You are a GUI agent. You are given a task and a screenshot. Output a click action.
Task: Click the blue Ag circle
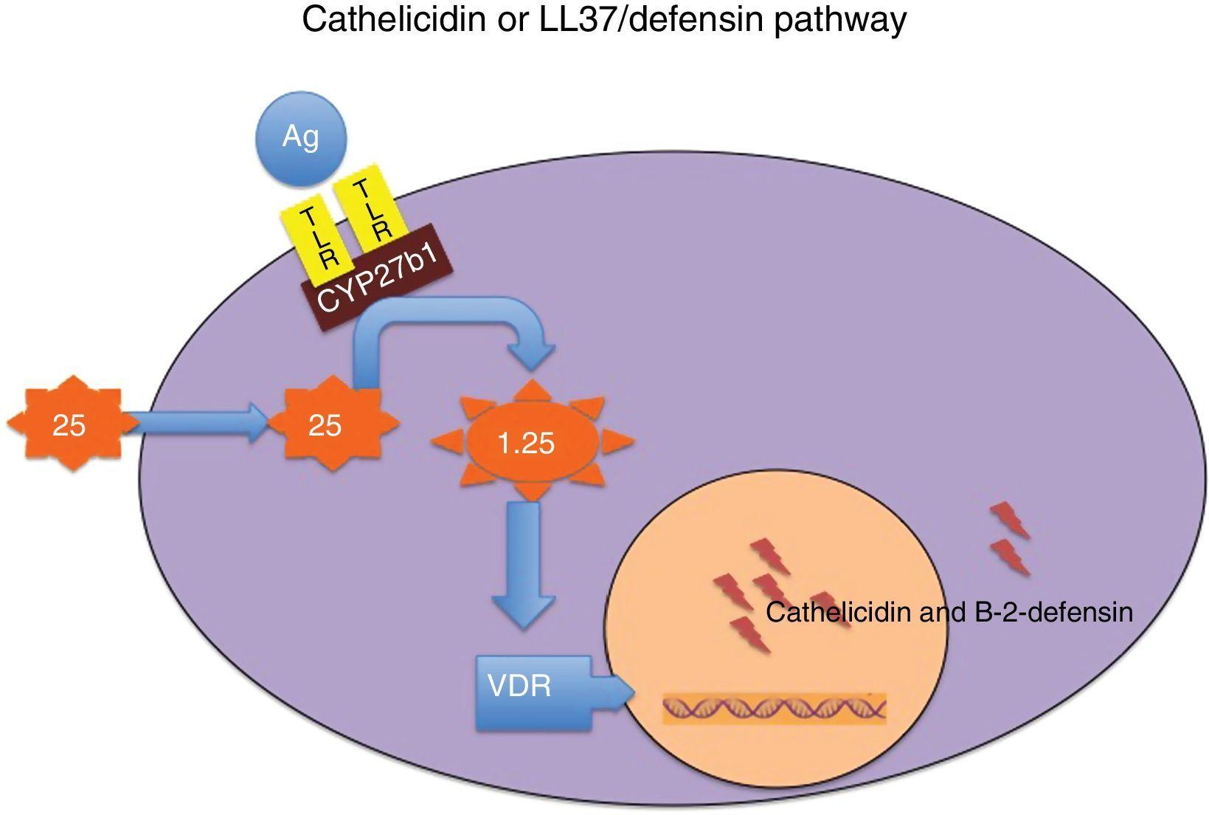[300, 138]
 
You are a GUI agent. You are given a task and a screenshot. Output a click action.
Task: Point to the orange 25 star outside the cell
[70, 425]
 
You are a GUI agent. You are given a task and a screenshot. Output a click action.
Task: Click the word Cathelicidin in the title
[395, 21]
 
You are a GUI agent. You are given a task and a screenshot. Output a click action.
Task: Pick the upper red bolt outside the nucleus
[1010, 520]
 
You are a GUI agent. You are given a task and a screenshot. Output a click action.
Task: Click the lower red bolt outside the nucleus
[1010, 557]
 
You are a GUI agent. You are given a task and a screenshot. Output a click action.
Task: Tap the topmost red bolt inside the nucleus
[769, 556]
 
